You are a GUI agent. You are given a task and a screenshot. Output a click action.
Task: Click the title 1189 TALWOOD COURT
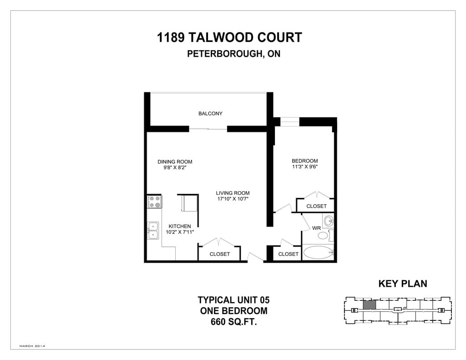229,37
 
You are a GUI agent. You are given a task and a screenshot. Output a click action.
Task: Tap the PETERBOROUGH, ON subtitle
233,54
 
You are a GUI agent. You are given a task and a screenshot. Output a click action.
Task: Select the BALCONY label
210,113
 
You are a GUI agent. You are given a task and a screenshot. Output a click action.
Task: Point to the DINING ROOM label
175,162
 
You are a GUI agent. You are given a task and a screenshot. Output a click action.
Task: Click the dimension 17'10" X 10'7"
233,199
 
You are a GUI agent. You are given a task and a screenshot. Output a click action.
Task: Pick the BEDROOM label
304,161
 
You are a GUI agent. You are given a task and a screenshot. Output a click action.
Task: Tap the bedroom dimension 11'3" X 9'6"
304,167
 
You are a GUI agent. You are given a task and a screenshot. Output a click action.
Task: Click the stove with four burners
154,202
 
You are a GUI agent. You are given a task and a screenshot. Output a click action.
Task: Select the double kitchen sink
153,230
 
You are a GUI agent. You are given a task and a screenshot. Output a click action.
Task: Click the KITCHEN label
180,226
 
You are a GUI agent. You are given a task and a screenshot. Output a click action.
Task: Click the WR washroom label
317,228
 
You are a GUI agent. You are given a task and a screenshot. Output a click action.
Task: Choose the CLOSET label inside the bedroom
316,206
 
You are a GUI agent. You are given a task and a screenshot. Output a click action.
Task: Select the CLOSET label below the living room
219,254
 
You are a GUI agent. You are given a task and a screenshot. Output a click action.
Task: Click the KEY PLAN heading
403,284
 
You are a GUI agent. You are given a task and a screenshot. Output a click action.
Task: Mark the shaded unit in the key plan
370,304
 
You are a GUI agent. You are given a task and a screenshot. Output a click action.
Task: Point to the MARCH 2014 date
32,346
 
